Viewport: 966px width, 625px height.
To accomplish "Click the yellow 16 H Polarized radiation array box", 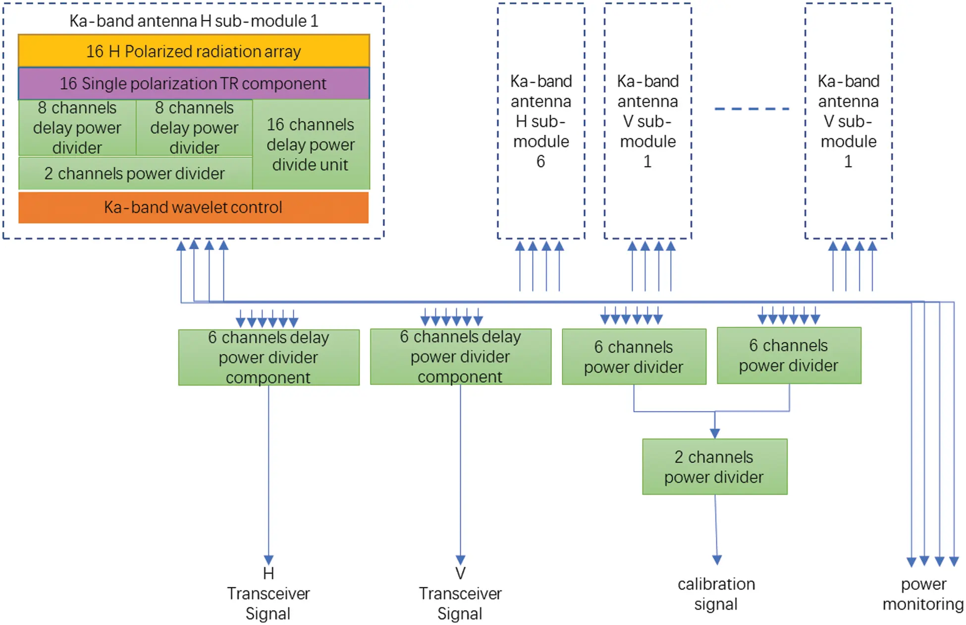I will [x=194, y=51].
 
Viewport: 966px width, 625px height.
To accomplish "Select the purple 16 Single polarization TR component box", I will [x=194, y=83].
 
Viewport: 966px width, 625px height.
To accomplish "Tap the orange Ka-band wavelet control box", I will [x=194, y=207].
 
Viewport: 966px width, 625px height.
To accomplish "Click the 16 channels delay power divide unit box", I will [x=311, y=144].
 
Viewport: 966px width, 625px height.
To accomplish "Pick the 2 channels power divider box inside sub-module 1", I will [x=135, y=173].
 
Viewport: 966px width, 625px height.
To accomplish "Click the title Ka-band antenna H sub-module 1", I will [x=194, y=21].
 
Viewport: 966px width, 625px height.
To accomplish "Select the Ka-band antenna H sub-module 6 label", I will [x=541, y=121].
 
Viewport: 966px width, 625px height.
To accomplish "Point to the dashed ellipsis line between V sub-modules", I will [x=751, y=109].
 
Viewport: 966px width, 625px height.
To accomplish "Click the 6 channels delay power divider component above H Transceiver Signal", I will [x=268, y=357].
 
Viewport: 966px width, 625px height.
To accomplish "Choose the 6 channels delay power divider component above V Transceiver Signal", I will [x=460, y=356].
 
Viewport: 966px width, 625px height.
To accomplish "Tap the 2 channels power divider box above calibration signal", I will [x=714, y=466].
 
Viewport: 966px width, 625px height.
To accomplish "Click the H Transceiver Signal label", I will [x=268, y=593].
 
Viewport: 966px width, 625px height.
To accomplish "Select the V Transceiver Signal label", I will [x=460, y=593].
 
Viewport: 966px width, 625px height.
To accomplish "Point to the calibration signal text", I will [x=716, y=594].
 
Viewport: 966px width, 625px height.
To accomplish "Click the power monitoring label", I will [x=923, y=594].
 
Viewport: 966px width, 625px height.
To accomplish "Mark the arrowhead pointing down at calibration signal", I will [x=717, y=560].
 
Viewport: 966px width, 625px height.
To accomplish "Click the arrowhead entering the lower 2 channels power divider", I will [x=714, y=433].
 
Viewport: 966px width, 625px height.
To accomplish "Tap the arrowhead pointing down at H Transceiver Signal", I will [x=268, y=560].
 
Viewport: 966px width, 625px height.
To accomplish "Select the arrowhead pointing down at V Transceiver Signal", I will [x=460, y=560].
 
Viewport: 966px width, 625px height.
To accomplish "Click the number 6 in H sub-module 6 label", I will [x=540, y=162].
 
